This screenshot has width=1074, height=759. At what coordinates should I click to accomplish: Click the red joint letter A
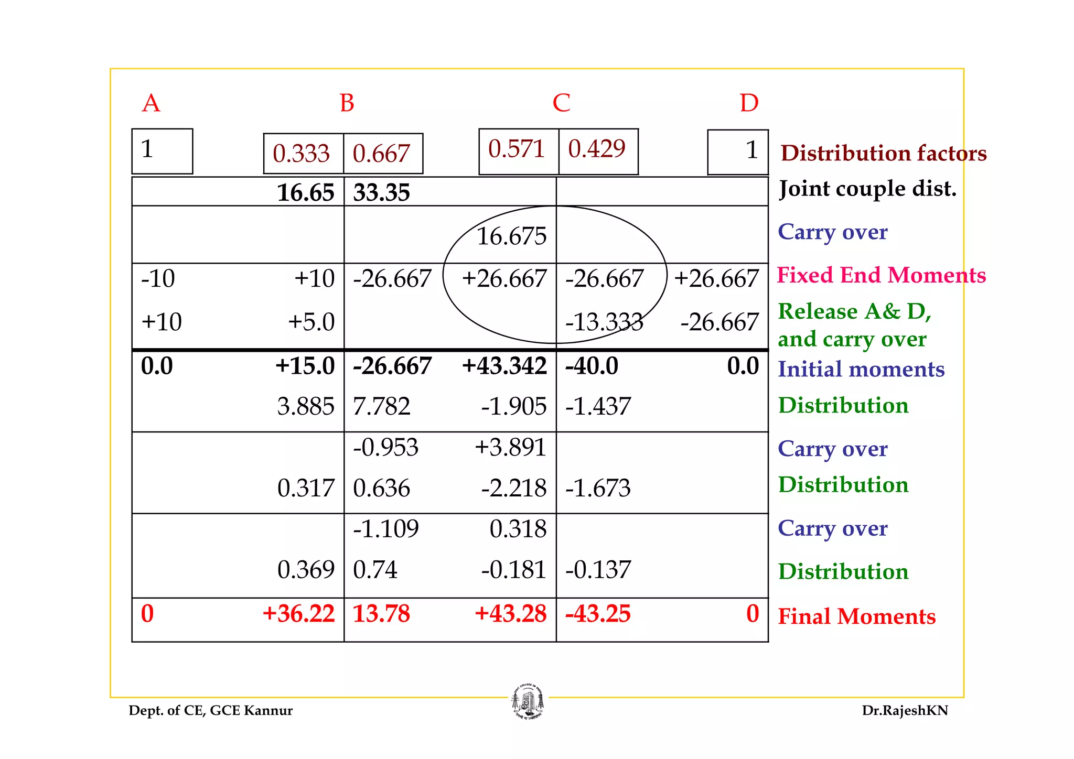point(151,103)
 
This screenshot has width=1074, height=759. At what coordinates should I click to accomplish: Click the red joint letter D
point(749,103)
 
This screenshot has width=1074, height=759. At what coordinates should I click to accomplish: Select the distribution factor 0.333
point(301,154)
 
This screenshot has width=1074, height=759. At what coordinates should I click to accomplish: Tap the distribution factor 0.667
point(381,154)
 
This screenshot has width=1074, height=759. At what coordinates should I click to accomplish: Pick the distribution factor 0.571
point(517,149)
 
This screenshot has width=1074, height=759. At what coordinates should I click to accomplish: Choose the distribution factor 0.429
point(597,149)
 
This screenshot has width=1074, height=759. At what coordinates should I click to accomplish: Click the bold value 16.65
point(305,192)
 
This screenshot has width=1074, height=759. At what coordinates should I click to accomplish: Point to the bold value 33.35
point(381,192)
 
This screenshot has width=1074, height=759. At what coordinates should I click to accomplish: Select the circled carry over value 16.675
point(511,236)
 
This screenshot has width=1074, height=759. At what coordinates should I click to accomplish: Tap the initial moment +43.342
point(504,366)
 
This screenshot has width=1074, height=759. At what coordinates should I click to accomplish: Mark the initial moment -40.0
point(592,366)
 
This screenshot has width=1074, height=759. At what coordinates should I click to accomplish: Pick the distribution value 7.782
point(381,406)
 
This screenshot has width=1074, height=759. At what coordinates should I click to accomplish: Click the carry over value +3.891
point(510,448)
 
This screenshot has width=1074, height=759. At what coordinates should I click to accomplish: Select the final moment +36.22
point(298,613)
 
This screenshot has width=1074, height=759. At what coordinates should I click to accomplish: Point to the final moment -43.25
point(598,613)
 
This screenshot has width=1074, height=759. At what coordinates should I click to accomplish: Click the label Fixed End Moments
point(881,275)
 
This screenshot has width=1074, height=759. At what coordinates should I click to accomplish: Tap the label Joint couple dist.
point(867,189)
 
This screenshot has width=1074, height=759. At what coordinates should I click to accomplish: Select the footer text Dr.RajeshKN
point(905,710)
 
